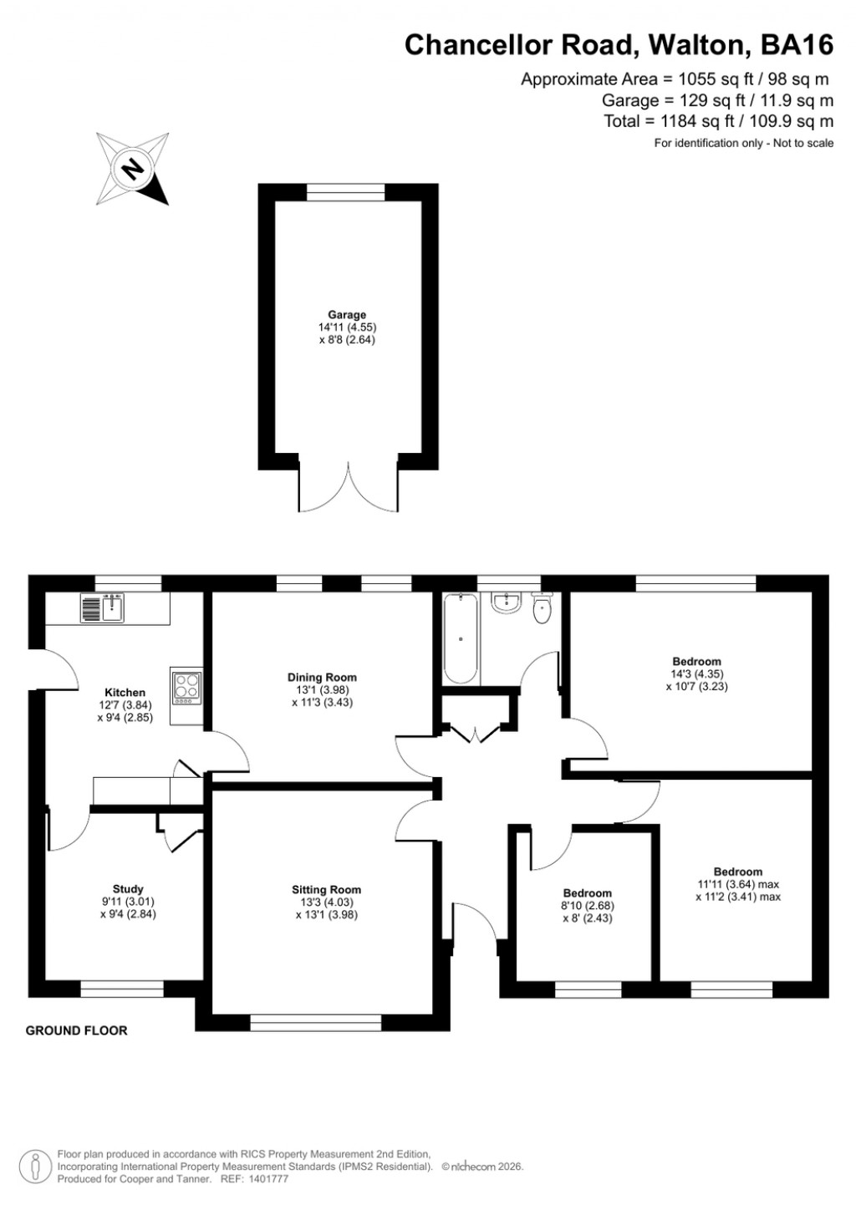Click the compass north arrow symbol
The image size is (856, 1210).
click(132, 169)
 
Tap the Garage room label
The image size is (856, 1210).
click(347, 315)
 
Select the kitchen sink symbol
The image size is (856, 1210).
click(103, 608)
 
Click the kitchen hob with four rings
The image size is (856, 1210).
click(186, 687)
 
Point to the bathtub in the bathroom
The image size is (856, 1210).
click(461, 638)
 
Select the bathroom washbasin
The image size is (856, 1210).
click(507, 602)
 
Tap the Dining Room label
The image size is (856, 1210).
click(322, 678)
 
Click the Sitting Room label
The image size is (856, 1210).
click(326, 890)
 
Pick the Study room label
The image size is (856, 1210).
click(128, 889)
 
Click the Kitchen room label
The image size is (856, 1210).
click(125, 693)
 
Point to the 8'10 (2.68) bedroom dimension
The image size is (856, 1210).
click(587, 906)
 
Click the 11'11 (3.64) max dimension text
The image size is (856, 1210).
click(737, 884)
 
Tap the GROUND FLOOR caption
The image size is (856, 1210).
click(77, 1030)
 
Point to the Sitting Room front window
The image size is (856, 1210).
click(316, 1023)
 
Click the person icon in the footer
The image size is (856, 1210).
click(35, 1167)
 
